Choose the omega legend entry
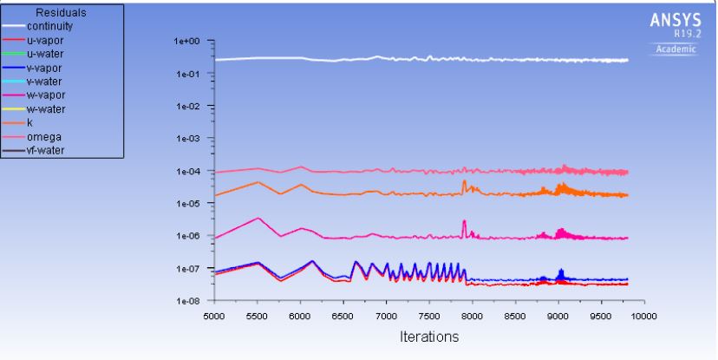click(48, 136)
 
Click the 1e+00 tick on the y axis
click(187, 42)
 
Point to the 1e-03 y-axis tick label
click(187, 139)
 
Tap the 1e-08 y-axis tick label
click(187, 301)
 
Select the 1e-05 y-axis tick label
click(187, 204)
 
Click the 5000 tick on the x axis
click(213, 316)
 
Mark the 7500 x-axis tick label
click(429, 316)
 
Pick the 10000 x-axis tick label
click(643, 316)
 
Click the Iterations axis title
click(429, 335)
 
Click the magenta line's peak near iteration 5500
click(257, 219)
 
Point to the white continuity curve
click(434, 59)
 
